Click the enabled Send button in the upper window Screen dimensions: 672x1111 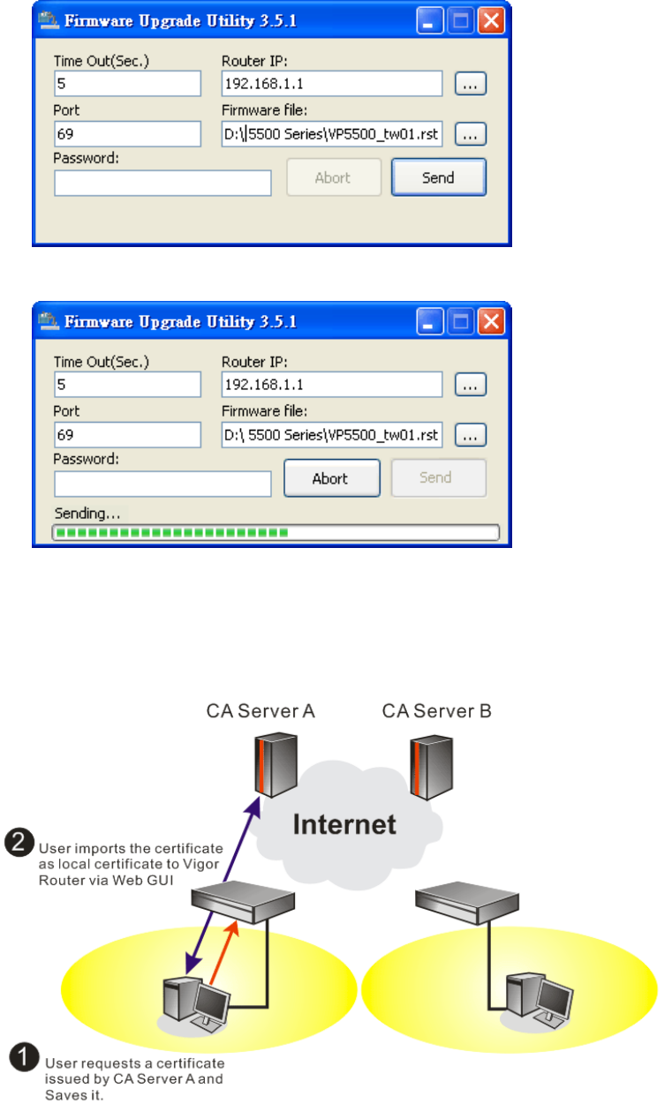438,177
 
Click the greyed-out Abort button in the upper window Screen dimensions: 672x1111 333,177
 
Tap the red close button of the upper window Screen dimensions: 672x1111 491,20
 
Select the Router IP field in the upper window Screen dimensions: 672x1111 332,84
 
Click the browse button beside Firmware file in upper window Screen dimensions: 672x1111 471,134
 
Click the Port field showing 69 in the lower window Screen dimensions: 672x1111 128,434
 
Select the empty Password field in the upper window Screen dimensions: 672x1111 162,184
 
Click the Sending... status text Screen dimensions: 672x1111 87,514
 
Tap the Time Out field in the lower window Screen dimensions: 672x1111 128,385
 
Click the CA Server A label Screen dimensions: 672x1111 260,710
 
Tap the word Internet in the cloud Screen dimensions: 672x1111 344,824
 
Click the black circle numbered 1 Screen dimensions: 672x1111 23,1055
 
